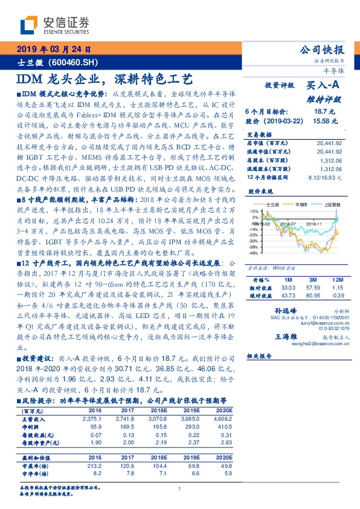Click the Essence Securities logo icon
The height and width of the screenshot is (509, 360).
coord(29,25)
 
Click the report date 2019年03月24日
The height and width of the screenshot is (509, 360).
coord(52,50)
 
